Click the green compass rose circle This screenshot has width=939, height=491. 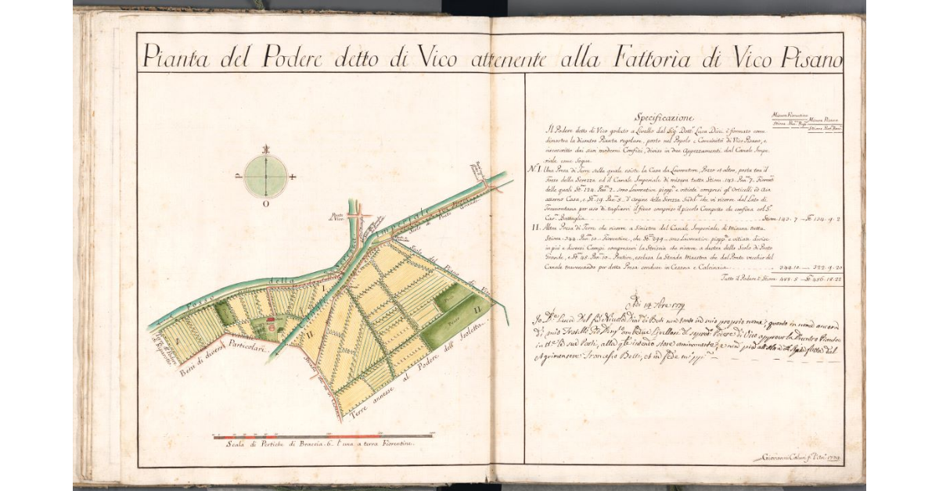[x=266, y=177]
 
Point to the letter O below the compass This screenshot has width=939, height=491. [x=266, y=205]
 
